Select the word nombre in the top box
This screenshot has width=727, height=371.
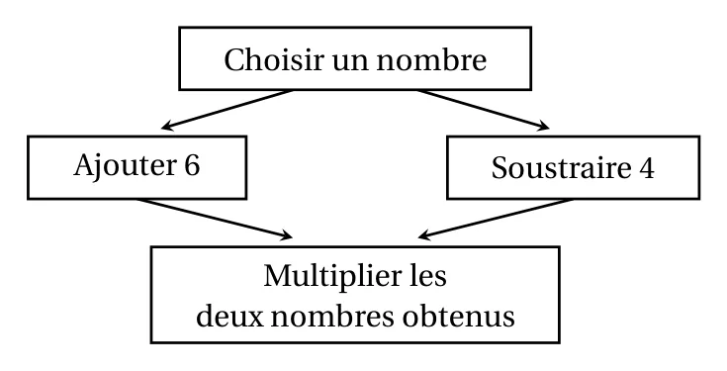(431, 59)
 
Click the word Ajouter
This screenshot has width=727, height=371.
(123, 166)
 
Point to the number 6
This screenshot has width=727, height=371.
(192, 165)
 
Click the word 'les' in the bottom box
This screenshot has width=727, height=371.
(428, 276)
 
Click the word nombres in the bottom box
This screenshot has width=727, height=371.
(333, 317)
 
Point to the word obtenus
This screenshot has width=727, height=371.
(459, 317)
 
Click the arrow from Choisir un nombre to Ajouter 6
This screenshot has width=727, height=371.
(227, 109)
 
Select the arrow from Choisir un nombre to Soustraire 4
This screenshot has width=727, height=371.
(483, 109)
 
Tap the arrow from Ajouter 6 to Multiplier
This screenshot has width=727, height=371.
(216, 219)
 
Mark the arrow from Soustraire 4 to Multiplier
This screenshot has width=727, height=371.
(496, 219)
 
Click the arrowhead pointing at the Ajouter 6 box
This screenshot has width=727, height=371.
(167, 126)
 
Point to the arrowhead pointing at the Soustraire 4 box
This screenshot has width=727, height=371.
(543, 126)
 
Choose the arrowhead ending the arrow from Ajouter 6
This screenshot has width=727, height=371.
(287, 235)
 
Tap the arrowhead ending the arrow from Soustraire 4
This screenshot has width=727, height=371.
(424, 235)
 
